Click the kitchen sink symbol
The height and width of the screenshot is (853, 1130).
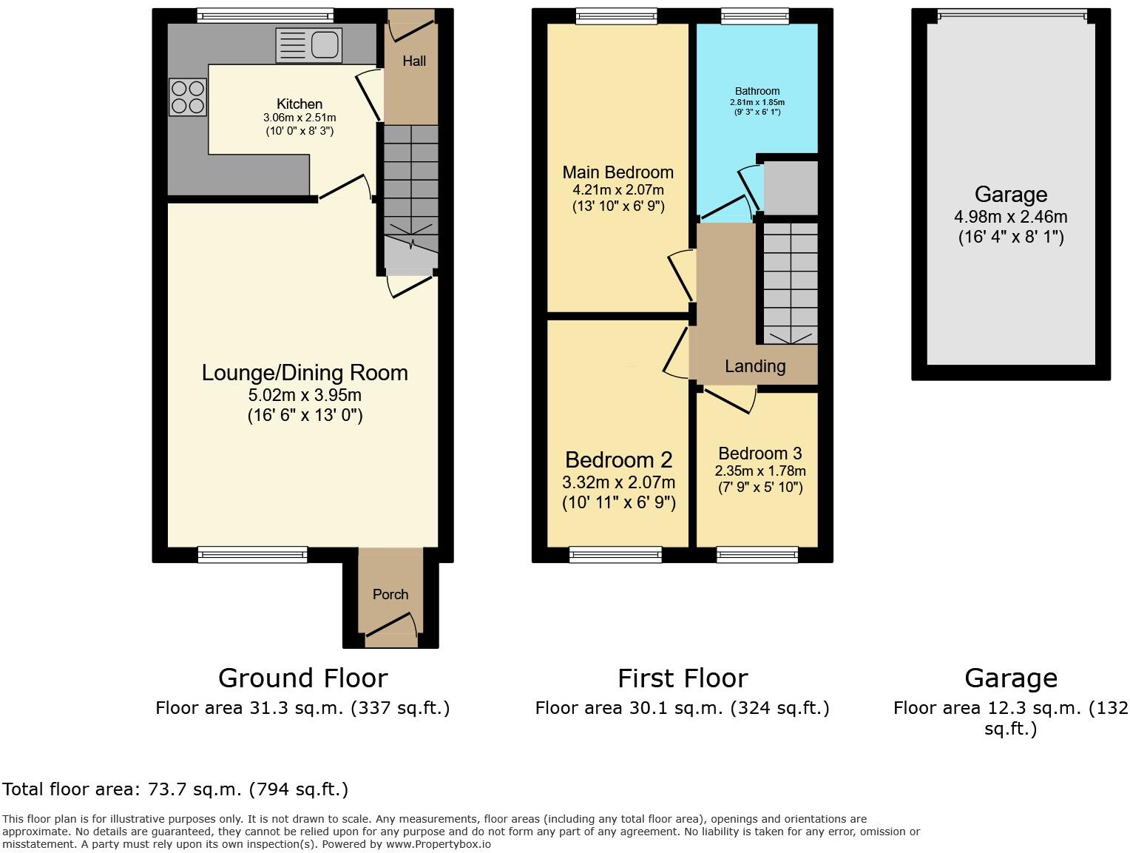308,45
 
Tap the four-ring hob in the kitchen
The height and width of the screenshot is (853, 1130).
188,98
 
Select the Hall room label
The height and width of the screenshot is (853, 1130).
414,61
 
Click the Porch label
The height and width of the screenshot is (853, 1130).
390,594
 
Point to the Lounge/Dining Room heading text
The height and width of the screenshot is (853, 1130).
305,373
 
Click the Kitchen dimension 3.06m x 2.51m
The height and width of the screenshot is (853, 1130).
300,118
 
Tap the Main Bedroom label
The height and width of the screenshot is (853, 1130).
618,172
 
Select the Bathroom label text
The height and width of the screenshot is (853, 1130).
757,91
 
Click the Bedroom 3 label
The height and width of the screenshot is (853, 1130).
759,454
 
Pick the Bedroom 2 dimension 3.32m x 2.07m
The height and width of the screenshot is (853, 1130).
618,483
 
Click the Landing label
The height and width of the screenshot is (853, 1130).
755,366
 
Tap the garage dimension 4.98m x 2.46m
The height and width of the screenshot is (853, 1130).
1010,218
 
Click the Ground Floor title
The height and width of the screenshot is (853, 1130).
302,678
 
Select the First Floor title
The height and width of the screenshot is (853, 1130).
683,678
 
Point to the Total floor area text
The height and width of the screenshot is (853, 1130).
175,789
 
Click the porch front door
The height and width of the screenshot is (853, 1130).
391,625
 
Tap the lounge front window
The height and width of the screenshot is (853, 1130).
252,554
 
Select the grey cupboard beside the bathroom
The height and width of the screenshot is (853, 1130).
791,188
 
